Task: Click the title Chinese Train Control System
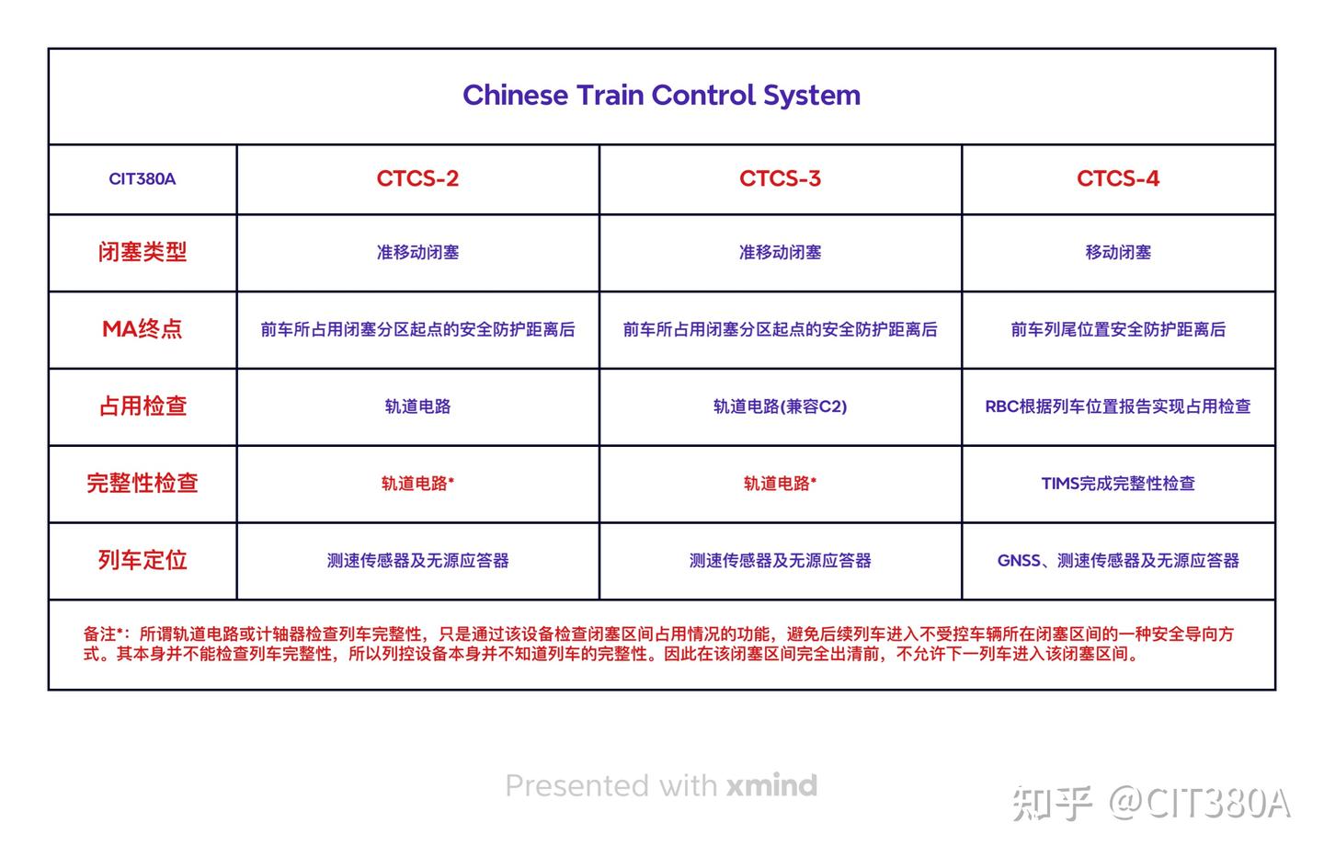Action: [x=661, y=95]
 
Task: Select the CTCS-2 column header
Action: [x=417, y=178]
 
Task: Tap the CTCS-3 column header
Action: [x=780, y=178]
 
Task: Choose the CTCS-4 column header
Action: [x=1117, y=178]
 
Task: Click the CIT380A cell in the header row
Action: [x=142, y=178]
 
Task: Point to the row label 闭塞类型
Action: [x=143, y=252]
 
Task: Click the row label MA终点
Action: [x=143, y=329]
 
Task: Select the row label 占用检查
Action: [x=143, y=406]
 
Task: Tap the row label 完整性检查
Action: [x=143, y=483]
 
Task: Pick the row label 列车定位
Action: [x=143, y=560]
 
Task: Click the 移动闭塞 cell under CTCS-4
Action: [x=1117, y=252]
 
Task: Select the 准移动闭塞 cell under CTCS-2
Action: [x=417, y=252]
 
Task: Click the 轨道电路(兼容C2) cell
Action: [x=780, y=406]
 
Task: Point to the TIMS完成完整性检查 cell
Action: [x=1117, y=483]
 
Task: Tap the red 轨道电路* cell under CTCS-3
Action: [x=780, y=483]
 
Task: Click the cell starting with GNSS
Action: [x=1117, y=560]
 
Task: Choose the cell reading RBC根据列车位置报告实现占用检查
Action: [x=1117, y=406]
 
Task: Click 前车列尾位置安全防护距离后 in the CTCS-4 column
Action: [x=1117, y=329]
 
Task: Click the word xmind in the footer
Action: [x=771, y=785]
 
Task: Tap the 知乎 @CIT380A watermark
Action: [x=1151, y=803]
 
